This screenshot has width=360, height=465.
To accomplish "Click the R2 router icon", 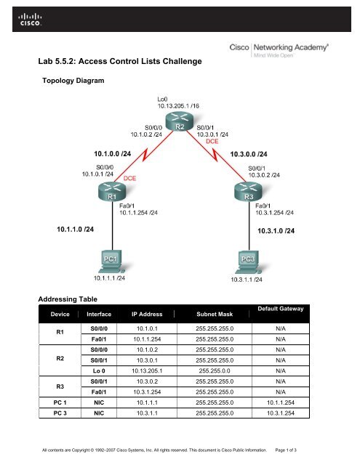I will point(179,126).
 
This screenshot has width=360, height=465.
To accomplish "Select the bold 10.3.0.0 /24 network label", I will point(254,154).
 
